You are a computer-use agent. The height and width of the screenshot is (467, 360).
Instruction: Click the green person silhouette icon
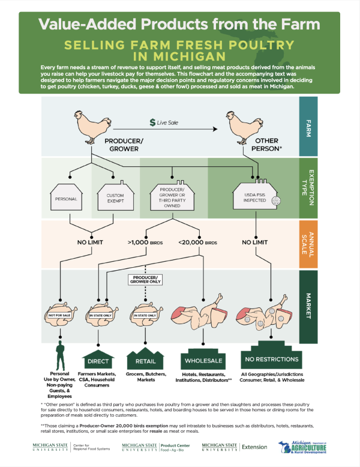[59, 357]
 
